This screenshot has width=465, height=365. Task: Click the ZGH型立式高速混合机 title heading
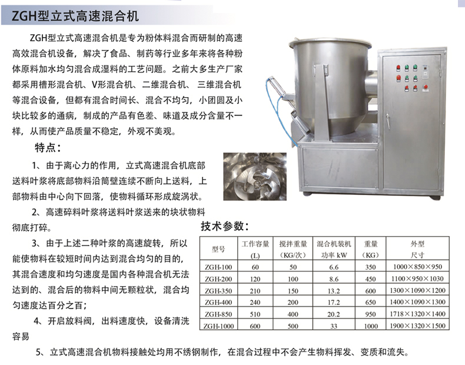coord(75,16)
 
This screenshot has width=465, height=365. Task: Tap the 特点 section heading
coord(48,147)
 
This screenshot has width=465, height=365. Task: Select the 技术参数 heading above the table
coord(224,227)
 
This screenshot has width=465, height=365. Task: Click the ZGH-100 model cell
coord(218,267)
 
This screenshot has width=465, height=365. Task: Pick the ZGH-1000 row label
coord(218,326)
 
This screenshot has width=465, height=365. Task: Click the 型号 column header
coord(218,250)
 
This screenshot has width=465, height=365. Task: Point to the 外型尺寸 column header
coord(417,250)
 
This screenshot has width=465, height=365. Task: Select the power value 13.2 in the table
coord(334,291)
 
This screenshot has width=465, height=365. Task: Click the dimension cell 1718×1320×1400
coord(417,314)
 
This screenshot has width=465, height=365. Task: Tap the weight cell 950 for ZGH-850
coord(370,314)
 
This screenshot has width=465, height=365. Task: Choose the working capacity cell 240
coord(255,303)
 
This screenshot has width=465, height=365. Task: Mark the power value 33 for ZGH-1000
coord(334,326)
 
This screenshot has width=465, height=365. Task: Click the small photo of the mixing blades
coord(255,177)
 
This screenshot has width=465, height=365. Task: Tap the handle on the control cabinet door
coord(388,121)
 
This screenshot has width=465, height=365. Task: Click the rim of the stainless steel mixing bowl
coord(330,45)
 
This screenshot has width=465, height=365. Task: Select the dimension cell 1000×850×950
coord(417,267)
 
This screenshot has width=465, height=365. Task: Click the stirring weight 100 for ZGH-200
coord(293,279)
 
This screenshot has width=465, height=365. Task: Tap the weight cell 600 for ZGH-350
coord(370,291)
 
